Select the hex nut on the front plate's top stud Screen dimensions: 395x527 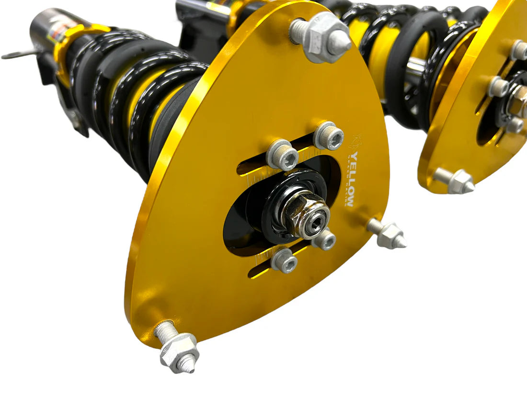coord(327,37)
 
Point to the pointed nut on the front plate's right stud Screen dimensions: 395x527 coord(391,235)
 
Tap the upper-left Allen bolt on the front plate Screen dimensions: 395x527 coord(283,155)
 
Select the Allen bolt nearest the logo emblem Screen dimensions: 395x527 coord(329,135)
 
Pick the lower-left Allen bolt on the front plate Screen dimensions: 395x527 coord(285,261)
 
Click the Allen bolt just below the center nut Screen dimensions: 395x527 coord(324,239)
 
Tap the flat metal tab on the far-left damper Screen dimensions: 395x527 coord(19,54)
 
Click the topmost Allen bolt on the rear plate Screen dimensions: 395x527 coord(519,50)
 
